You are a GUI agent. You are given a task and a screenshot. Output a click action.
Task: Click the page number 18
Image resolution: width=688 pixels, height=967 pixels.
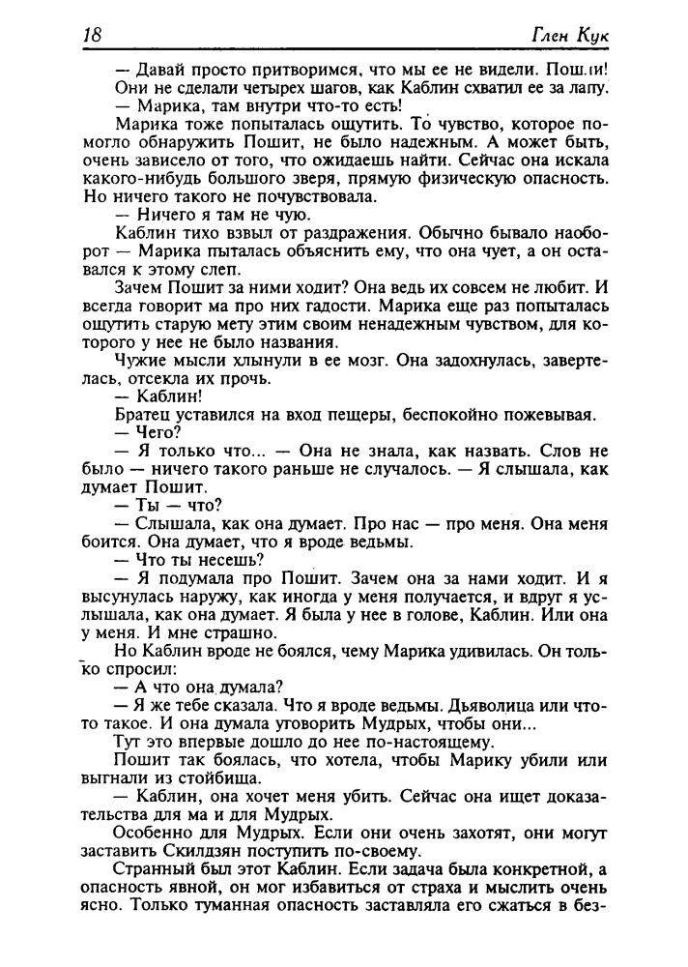94,35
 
